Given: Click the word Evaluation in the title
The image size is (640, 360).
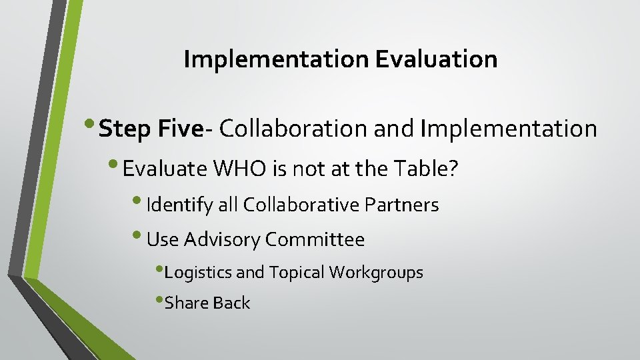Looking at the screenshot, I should point(436,59).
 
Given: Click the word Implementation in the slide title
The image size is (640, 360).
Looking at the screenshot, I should point(276,59).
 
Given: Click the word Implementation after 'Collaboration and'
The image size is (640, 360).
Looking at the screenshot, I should point(508,129).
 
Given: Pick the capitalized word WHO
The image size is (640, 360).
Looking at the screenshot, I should point(239,169).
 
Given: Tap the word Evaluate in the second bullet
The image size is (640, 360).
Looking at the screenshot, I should point(165,169).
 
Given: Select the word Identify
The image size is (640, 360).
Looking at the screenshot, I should point(180,205).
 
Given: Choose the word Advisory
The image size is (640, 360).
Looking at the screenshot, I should point(223,239).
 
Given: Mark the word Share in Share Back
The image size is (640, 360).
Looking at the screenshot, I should point(184,303).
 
